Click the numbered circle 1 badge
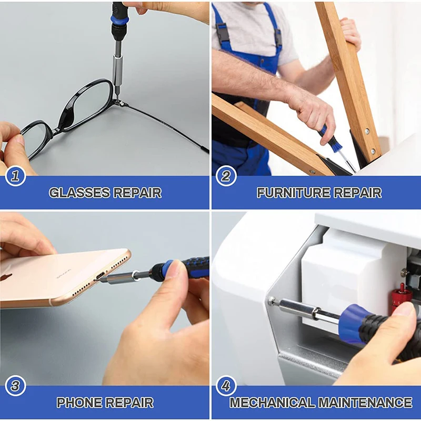(15, 176)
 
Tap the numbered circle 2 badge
(226, 176)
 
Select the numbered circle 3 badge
(15, 386)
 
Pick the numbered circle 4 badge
(226, 386)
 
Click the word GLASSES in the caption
(79, 193)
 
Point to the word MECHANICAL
(272, 403)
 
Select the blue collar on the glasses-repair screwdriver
(119, 21)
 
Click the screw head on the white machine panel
(272, 300)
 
